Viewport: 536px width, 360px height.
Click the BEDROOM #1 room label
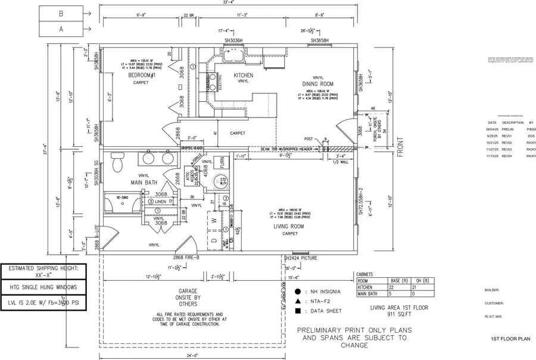pyautogui.click(x=141, y=76)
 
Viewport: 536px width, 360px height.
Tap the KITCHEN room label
pyautogui.click(x=243, y=76)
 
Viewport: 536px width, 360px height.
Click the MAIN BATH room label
pyautogui.click(x=144, y=182)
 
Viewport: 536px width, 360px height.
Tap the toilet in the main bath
pyautogui.click(x=117, y=161)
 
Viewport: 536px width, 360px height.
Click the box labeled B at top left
pyautogui.click(x=61, y=12)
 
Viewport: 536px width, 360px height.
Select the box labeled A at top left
pyautogui.click(x=61, y=28)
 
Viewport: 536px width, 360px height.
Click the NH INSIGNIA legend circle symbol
pyautogui.click(x=298, y=292)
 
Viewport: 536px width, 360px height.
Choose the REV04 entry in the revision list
pyautogui.click(x=507, y=155)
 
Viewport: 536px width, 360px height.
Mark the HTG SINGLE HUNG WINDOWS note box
pyautogui.click(x=47, y=286)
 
